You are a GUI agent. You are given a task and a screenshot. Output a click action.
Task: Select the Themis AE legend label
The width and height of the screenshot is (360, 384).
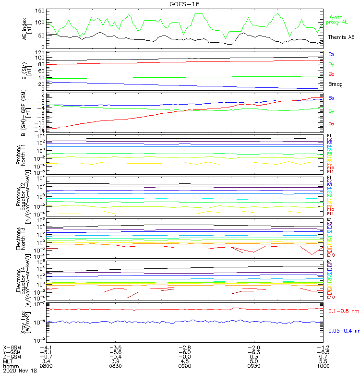tap(341, 37)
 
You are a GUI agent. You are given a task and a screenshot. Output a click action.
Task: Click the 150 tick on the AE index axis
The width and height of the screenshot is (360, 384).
tap(40, 11)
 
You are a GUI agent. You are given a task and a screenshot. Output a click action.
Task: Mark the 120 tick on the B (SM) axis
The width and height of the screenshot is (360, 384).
tap(40, 52)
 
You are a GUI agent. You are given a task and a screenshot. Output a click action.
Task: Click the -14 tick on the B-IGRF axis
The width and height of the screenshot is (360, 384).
tap(40, 131)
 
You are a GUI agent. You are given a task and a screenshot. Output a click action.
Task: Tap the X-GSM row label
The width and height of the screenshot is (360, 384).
tap(12, 347)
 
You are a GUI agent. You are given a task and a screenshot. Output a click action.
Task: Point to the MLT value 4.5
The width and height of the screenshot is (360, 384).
tap(185, 361)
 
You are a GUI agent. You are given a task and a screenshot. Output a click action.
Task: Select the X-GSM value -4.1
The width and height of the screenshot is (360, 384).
tap(46, 347)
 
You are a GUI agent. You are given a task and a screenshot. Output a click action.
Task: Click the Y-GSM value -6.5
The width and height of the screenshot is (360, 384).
tap(324, 352)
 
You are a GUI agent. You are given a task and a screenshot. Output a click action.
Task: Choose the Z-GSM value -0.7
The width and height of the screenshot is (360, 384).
tap(46, 356)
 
